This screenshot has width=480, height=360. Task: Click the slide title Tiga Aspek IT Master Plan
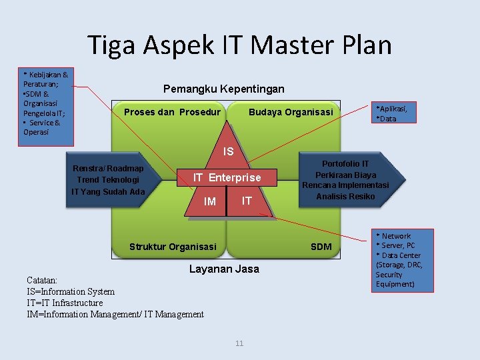(239, 45)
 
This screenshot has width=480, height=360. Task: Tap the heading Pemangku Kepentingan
(223, 89)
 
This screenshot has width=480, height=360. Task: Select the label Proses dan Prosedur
(172, 112)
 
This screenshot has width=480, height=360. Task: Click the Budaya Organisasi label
(290, 112)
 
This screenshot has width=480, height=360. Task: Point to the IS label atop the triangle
(228, 152)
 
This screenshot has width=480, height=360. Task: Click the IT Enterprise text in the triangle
(227, 177)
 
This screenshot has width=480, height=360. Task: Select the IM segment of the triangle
(209, 201)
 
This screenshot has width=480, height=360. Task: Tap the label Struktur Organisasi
(173, 247)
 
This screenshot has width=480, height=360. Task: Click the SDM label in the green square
(321, 247)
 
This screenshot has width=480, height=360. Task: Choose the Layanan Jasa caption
(224, 269)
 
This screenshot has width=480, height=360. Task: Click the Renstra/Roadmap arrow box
(110, 180)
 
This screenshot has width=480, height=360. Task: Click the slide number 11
(239, 343)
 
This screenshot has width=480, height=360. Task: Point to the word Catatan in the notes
(42, 281)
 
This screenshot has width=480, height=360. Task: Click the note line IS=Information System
(71, 291)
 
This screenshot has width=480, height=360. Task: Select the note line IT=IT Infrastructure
(65, 303)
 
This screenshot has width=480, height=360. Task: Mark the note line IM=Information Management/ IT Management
(115, 314)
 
